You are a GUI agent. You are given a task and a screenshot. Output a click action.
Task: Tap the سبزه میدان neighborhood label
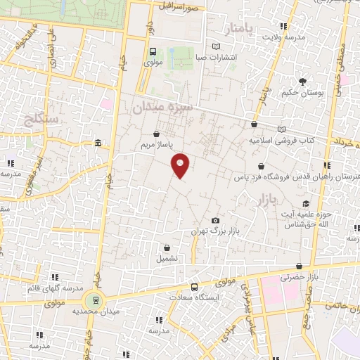pos(162,106)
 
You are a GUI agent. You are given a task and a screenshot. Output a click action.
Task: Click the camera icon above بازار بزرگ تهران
pos(215,220)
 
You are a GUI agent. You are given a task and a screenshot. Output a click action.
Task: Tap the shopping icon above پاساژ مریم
pos(155,132)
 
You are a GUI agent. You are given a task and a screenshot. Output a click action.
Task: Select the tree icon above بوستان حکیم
pos(303,82)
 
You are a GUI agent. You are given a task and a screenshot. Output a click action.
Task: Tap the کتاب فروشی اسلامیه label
pos(281,140)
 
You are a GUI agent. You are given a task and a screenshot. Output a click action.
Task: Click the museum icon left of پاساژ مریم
pos(97,144)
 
